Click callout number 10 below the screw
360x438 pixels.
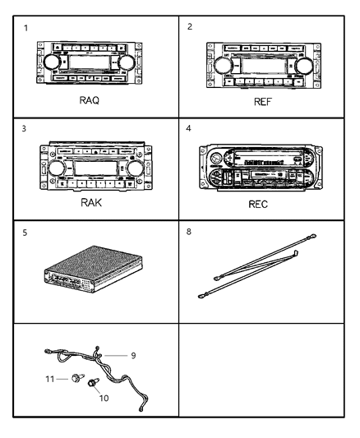103,396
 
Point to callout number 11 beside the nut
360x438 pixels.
50,380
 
